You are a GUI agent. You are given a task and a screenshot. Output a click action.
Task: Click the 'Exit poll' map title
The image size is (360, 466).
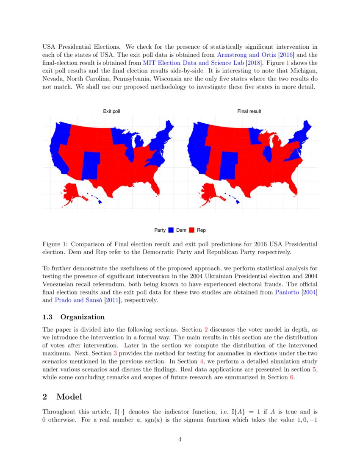point(111,111)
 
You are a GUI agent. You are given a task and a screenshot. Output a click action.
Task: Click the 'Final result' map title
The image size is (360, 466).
point(249,111)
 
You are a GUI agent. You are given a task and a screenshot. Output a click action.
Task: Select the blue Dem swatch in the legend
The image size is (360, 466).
point(171,230)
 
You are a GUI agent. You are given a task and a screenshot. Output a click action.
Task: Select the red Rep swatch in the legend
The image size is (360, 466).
point(191,230)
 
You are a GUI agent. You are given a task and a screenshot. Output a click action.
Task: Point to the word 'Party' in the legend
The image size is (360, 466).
point(160,230)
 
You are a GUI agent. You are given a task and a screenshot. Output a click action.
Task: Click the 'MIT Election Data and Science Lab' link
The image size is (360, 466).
point(188,63)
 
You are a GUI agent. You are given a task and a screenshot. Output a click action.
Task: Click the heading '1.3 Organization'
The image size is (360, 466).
point(74,317)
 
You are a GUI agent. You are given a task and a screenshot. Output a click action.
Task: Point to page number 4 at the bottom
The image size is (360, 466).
point(180,439)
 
